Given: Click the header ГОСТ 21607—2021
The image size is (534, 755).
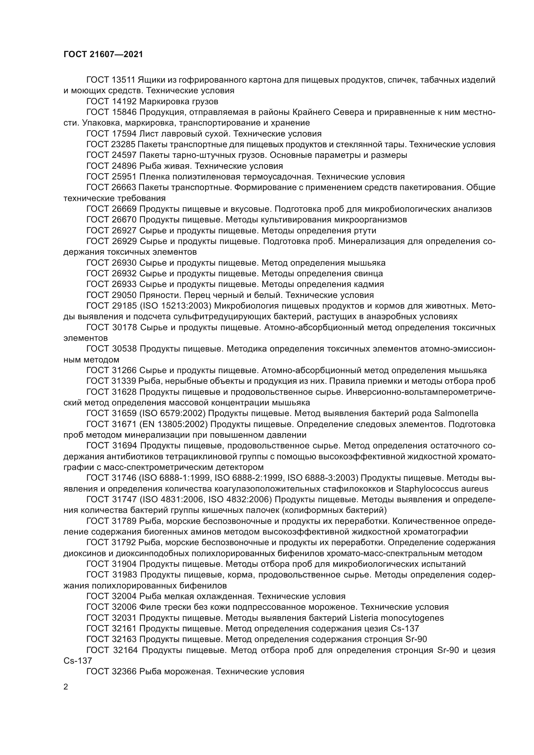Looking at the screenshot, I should tap(103, 54).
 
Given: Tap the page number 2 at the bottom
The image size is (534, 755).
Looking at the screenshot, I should tap(66, 687).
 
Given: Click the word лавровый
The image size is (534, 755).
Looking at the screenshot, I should tap(180, 134).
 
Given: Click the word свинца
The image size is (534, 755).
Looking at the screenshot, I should tap(369, 274).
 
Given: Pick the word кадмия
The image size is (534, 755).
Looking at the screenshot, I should tap(369, 284).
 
